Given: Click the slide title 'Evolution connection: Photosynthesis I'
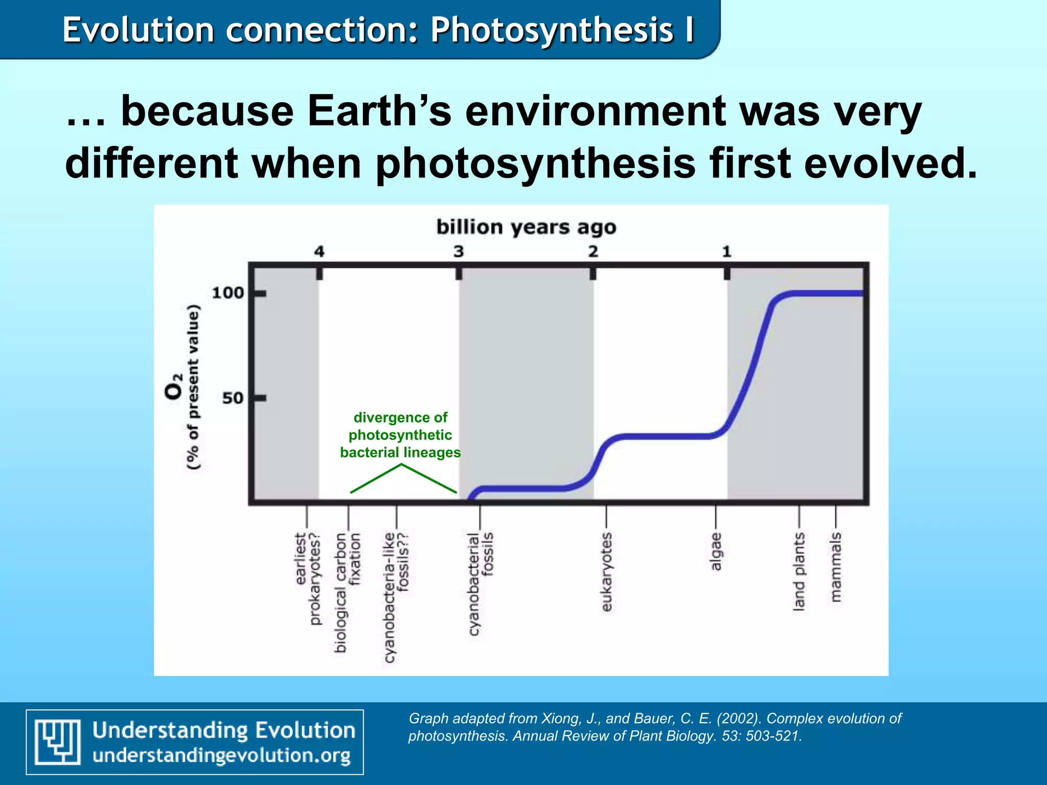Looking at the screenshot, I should [378, 30].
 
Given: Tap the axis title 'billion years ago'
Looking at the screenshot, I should [526, 227].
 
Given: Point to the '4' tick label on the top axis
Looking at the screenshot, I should [319, 251].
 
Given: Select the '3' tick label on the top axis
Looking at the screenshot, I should [459, 251].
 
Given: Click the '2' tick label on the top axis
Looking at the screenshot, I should [593, 251].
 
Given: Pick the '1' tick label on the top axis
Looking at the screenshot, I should [726, 251].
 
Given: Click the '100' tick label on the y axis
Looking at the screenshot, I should [227, 293].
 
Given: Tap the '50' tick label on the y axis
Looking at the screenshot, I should [233, 398].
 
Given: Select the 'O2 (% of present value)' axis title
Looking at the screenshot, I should [183, 387].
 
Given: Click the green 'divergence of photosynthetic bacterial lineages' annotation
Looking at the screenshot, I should [400, 435].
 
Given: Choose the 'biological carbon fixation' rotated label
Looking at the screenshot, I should [348, 592].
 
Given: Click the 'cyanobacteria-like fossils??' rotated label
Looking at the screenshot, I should [396, 597].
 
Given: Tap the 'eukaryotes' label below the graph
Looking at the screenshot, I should [606, 571].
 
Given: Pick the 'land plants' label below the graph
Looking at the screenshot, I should [799, 571].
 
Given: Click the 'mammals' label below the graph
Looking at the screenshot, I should [835, 567].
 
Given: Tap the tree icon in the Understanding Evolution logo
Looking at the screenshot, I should [57, 742].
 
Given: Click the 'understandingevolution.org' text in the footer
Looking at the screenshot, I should [221, 755].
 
